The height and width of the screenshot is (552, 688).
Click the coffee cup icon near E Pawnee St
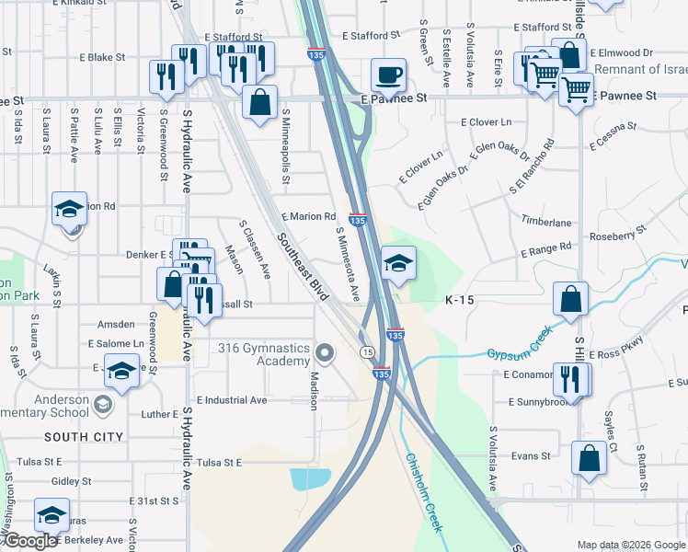(388, 75)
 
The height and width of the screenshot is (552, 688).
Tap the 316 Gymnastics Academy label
(263, 354)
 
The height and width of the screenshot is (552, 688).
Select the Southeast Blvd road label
(303, 268)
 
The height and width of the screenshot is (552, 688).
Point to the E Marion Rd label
(308, 216)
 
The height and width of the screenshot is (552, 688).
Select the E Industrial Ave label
(226, 400)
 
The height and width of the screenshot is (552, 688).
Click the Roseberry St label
(615, 235)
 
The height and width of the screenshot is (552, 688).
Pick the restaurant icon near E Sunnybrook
(570, 378)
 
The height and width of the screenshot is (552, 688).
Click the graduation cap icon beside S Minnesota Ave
(398, 264)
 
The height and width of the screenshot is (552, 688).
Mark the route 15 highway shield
(367, 352)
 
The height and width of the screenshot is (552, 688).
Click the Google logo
(30, 542)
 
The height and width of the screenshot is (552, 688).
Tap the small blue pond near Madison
(310, 478)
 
